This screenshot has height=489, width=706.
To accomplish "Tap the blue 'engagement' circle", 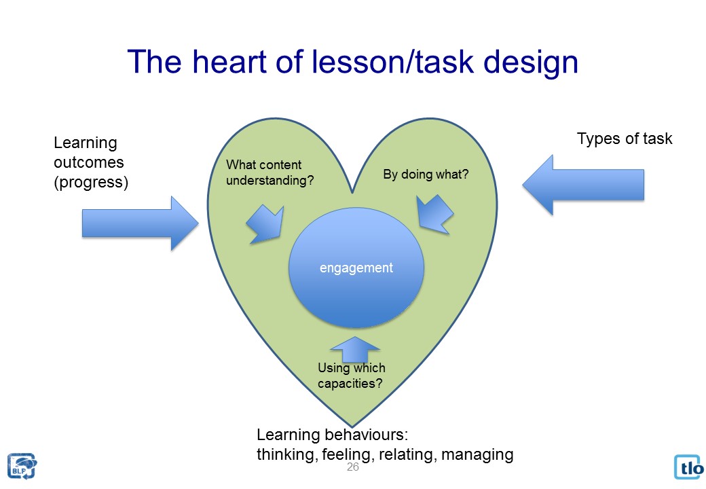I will click(356, 268).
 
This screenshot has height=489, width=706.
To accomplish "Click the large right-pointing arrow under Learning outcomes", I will click(139, 223).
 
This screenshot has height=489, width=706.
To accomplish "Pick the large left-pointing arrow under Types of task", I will click(583, 184).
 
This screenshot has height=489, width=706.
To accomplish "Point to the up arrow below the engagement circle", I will click(354, 350).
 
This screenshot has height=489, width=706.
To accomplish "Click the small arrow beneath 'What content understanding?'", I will click(265, 223).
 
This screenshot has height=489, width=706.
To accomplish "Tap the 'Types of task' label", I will click(624, 139).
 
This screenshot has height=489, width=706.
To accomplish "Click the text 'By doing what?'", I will click(426, 175).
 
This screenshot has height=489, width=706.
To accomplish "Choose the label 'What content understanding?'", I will click(270, 173).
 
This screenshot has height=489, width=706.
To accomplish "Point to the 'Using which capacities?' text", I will click(351, 376).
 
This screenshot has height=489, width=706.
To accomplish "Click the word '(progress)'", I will click(91, 182).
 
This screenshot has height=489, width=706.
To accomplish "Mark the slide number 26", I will click(352, 467).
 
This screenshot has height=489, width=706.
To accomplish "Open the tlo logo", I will click(689, 467).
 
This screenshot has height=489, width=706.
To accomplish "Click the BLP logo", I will click(22, 466).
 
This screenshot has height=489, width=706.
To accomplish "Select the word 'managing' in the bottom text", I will click(477, 454).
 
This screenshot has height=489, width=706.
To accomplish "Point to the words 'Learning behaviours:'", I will click(335, 435).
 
